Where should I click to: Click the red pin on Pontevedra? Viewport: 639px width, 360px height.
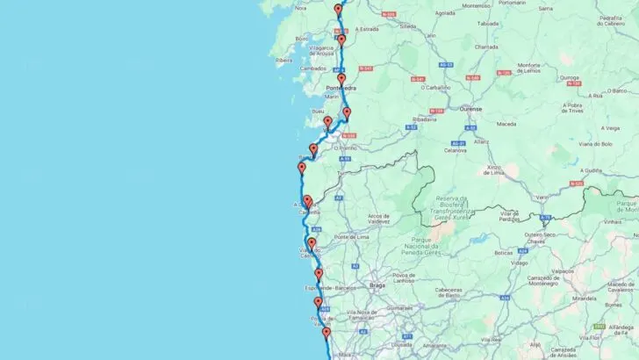(341, 79)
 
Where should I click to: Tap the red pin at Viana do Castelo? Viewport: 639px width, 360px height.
(311, 243)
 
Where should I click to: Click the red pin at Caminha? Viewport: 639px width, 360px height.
(307, 201)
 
